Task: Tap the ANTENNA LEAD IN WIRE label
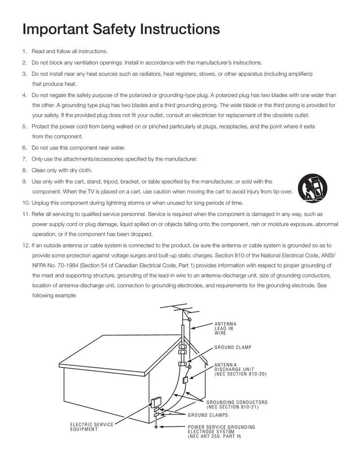coord(225,328)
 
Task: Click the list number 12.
coord(25,246)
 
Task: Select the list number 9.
coord(25,182)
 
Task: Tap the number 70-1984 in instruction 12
coord(69,265)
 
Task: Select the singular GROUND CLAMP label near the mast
coord(233,348)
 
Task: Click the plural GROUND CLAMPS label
coord(207,415)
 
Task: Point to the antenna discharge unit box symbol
coord(185,380)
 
